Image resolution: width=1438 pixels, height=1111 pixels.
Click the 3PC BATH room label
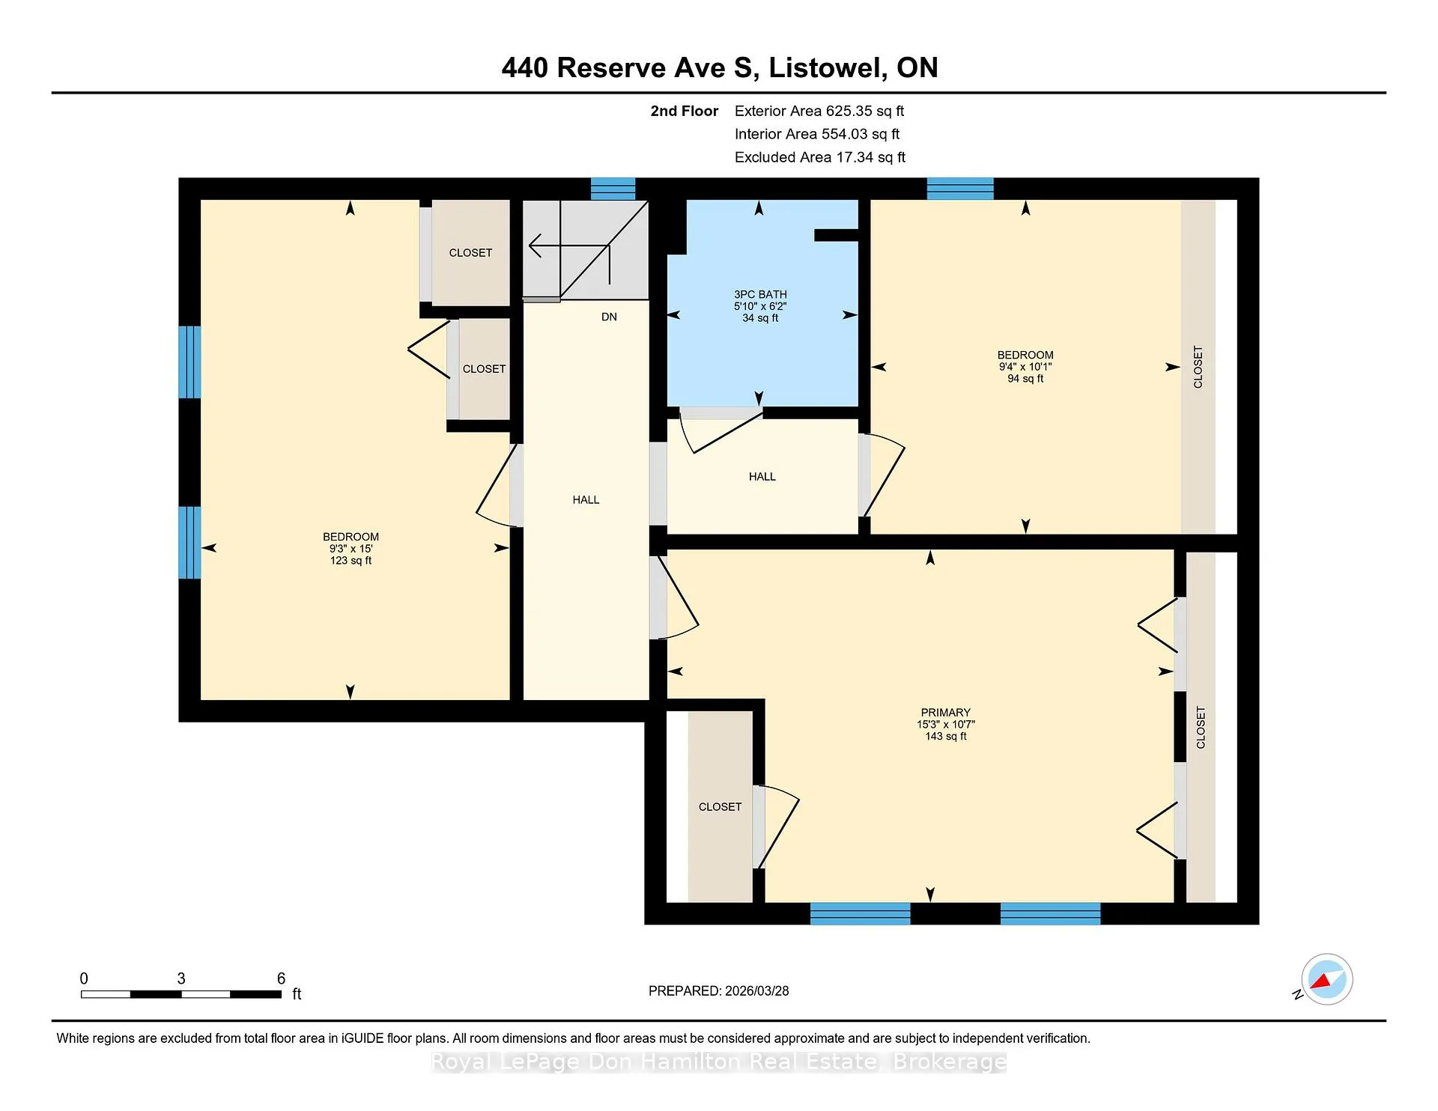point(760,294)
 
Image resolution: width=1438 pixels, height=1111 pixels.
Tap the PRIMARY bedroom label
point(945,713)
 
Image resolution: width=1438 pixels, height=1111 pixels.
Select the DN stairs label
point(609,317)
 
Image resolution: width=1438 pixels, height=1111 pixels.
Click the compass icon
point(1326,979)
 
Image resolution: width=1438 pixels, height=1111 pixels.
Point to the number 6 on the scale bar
point(281,978)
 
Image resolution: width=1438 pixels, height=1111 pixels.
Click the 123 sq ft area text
point(351,561)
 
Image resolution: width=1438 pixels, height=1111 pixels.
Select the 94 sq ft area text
point(1025,379)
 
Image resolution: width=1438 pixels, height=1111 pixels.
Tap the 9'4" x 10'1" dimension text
point(1025,367)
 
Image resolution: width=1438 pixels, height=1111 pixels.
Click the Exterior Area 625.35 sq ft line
point(819,112)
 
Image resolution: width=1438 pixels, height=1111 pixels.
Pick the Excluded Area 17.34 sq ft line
point(820,157)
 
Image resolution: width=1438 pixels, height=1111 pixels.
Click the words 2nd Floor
point(684,112)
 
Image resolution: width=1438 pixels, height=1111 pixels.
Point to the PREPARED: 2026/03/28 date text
point(718,991)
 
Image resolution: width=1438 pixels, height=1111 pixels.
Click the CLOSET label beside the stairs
point(470,253)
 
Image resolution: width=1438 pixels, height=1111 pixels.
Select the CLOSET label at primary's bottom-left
point(720,807)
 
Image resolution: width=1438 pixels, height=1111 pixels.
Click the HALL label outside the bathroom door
point(762,477)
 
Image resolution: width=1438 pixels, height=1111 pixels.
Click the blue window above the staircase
point(613,189)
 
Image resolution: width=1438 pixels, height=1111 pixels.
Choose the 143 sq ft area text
point(945,737)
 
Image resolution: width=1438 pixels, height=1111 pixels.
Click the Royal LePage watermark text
point(718,1062)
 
